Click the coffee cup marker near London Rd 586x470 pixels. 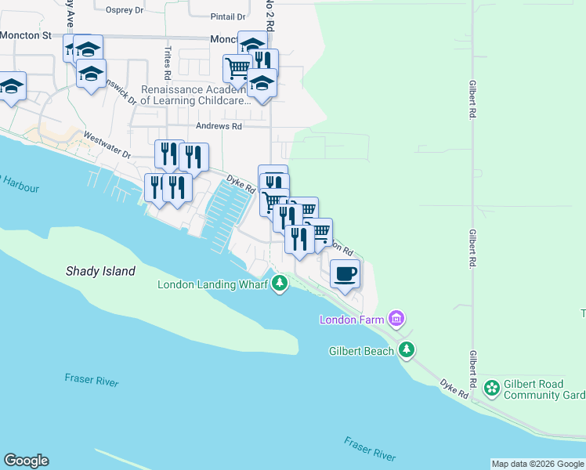pyautogui.click(x=345, y=274)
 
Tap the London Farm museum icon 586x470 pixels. pyautogui.click(x=397, y=319)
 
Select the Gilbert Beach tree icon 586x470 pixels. pyautogui.click(x=406, y=350)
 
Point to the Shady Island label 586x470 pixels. pyautogui.click(x=100, y=271)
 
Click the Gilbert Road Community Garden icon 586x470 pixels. pyautogui.click(x=491, y=387)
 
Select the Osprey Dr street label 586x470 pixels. pyautogui.click(x=125, y=10)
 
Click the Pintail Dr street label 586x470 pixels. pyautogui.click(x=227, y=16)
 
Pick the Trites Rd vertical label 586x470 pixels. pyautogui.click(x=168, y=63)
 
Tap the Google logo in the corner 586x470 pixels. pyautogui.click(x=26, y=461)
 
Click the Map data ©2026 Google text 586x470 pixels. pyautogui.click(x=537, y=464)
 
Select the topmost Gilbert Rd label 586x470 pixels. pyautogui.click(x=472, y=98)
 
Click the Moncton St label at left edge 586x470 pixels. pyautogui.click(x=25, y=35)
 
